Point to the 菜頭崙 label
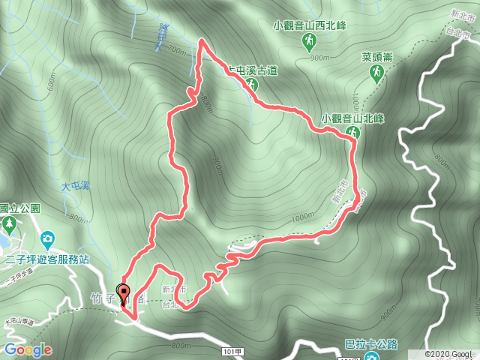coord(377,56)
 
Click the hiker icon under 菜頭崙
coord(377,73)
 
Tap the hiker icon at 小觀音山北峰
coord(352,133)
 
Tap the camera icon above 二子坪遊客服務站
coord(48,240)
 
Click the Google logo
coord(27,349)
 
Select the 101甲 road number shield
coord(234,350)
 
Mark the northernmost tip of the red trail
coord(201,40)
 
